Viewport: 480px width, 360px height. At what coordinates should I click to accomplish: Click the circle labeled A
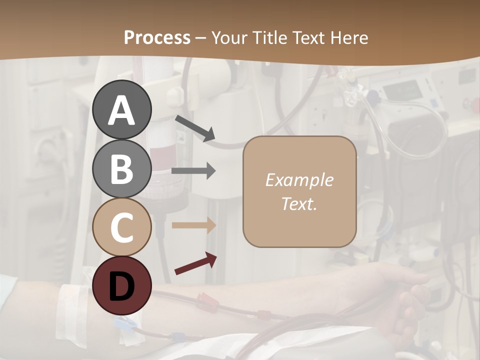coord(122,109)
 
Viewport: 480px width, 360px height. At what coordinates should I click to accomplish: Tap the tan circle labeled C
coord(122,227)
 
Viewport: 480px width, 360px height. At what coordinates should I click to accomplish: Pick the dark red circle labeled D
coord(122,285)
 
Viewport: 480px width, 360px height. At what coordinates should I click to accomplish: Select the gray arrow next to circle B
coord(193,171)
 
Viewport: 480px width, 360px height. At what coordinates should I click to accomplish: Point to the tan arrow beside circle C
coord(193,225)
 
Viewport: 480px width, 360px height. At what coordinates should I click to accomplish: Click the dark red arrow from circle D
coord(195,263)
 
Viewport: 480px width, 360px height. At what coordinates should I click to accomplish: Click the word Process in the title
coord(157,37)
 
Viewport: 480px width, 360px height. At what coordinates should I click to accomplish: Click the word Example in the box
coord(299,180)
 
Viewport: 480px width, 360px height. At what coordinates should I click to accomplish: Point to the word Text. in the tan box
coord(299,203)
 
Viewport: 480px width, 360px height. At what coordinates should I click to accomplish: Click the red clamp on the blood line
coord(206,302)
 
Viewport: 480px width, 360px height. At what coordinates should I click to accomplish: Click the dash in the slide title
coord(201,38)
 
